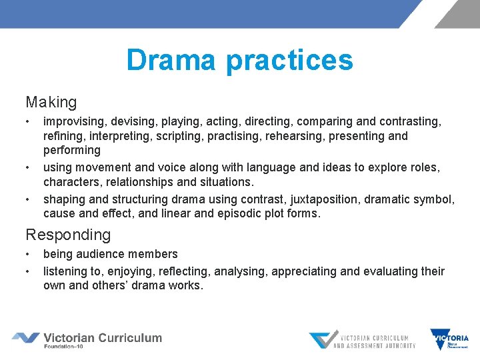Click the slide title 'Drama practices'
pos(239,60)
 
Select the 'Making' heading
pos(51,103)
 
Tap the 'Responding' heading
pos(68,235)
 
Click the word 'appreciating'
pos(319,271)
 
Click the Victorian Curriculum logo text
pos(102,337)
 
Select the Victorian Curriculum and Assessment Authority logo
pos(361,340)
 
